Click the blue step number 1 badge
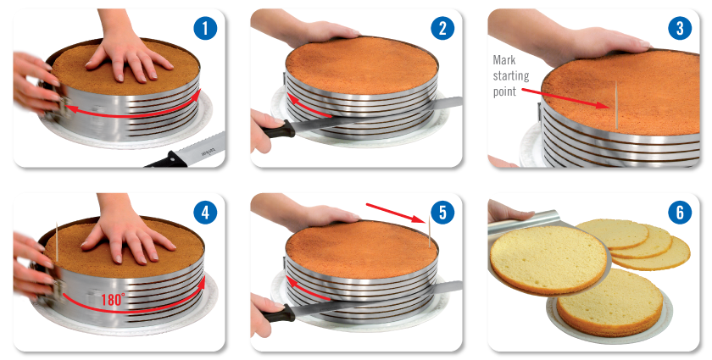205,29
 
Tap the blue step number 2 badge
442,29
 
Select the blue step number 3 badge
680,29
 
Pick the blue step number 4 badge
205,213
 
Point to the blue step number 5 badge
442,213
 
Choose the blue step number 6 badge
680,213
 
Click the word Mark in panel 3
504,60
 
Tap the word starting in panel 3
511,76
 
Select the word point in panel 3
504,91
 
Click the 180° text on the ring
113,300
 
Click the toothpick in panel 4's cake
57,242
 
